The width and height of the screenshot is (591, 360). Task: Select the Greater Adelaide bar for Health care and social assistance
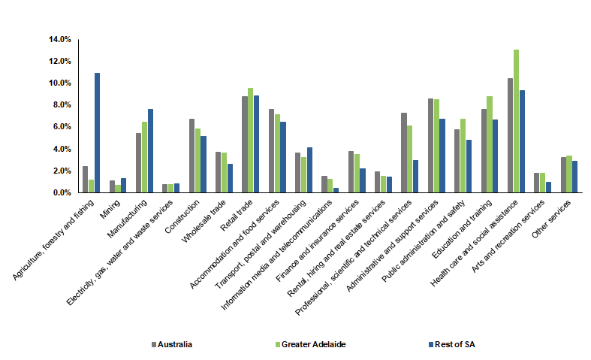coord(516,121)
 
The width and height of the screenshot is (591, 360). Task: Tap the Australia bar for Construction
coord(191,156)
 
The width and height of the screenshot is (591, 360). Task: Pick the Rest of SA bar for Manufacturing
coord(150,151)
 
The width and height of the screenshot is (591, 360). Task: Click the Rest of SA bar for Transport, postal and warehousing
coord(309,170)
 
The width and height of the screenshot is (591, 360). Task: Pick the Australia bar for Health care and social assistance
coord(510,135)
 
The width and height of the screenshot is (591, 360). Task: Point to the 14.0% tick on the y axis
coord(61,39)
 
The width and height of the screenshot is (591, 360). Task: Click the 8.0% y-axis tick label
coord(62,105)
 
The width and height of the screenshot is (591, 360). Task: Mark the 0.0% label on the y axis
coord(62,193)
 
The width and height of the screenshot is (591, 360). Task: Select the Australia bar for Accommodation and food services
coord(271,151)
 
